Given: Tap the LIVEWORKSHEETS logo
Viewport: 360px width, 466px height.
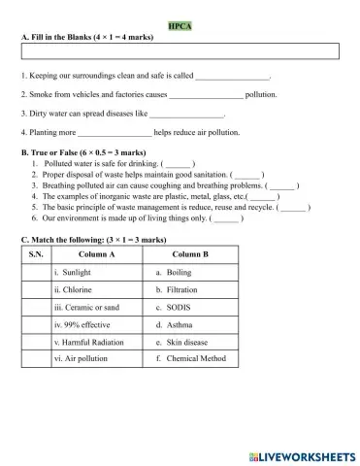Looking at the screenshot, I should tap(304, 453).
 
